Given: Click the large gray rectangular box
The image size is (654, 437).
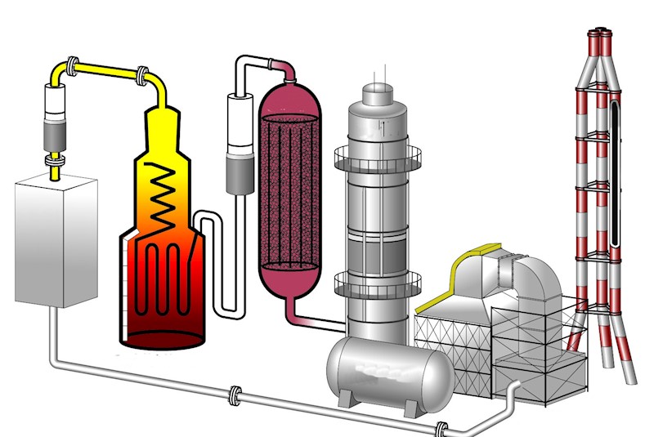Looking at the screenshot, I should tap(56, 241).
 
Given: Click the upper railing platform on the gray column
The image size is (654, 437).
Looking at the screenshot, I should tap(377, 155).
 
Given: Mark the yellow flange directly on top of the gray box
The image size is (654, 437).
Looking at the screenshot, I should tap(55, 172).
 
